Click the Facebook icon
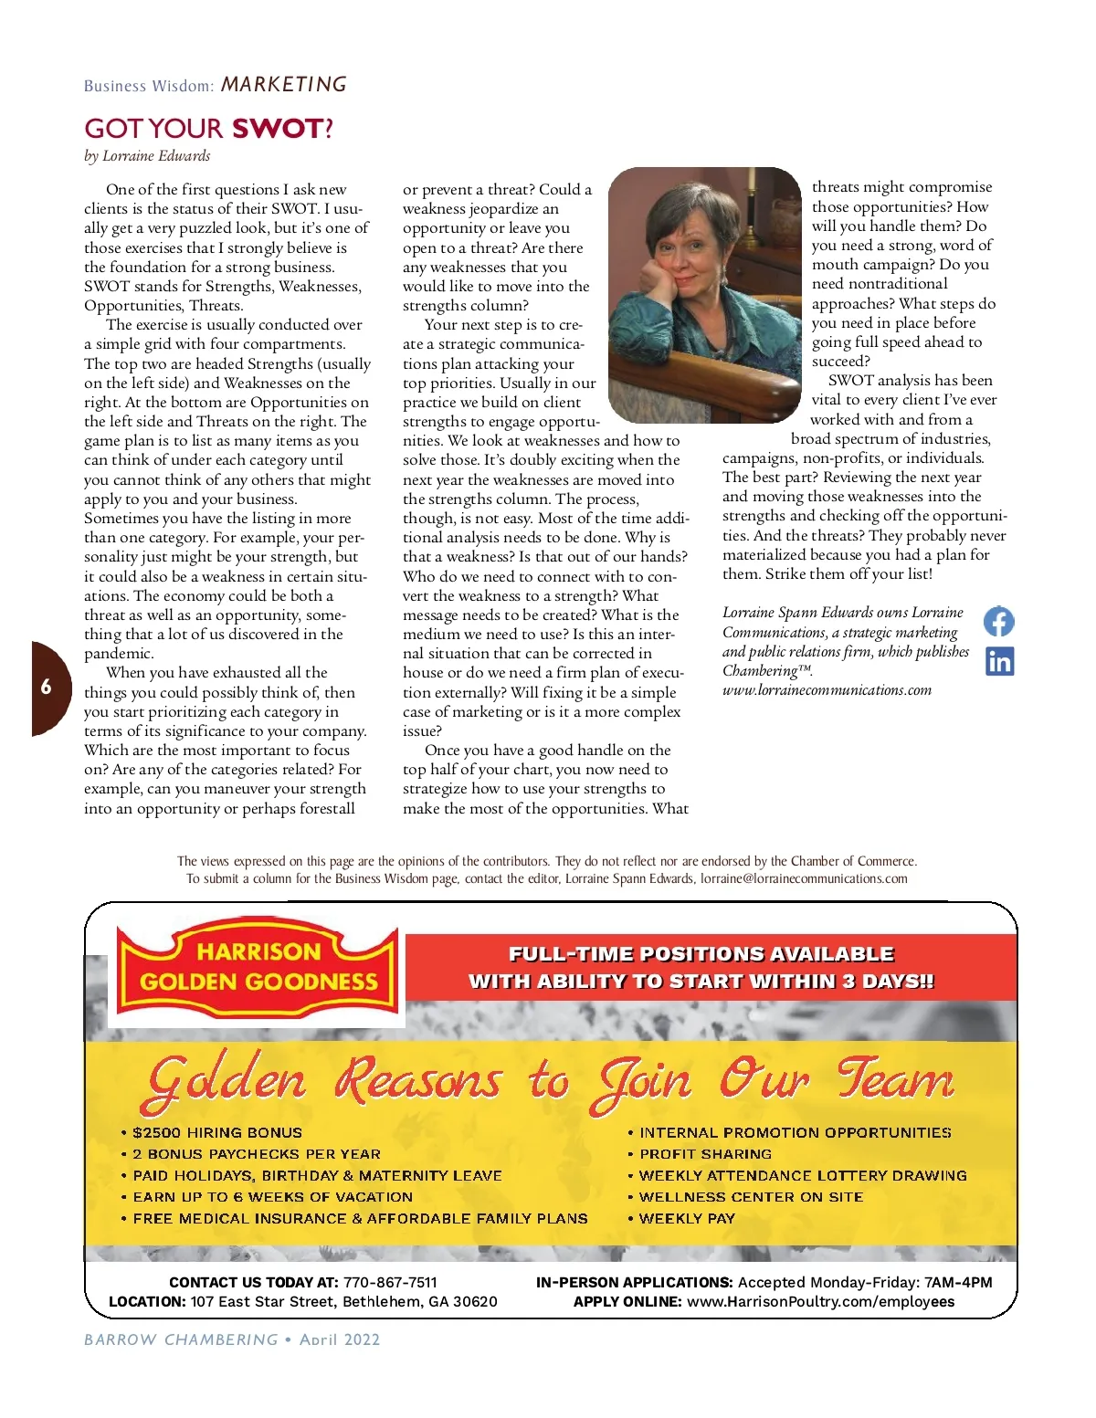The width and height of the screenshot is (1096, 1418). [998, 622]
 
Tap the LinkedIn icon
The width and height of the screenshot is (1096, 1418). [999, 661]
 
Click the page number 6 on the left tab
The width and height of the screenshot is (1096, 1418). [47, 688]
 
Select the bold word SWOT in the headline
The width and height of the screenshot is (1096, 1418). [277, 129]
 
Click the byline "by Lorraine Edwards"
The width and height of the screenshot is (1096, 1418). [147, 156]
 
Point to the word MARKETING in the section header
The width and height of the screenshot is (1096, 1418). [284, 85]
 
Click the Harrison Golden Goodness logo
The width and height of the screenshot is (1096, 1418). [258, 967]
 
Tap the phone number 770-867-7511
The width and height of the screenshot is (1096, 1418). [390, 1282]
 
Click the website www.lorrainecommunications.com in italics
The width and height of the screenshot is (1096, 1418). [827, 690]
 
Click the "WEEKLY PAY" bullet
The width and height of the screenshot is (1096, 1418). [686, 1218]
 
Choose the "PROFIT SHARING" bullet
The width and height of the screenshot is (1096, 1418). [705, 1154]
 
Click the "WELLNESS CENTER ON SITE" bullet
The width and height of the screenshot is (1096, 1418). [750, 1197]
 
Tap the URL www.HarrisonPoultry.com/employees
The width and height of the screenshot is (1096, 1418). [820, 1302]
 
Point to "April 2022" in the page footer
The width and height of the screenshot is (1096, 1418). [339, 1340]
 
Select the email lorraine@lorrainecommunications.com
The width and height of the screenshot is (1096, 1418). [804, 878]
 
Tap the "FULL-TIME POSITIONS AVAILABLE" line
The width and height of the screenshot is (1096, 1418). [701, 954]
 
